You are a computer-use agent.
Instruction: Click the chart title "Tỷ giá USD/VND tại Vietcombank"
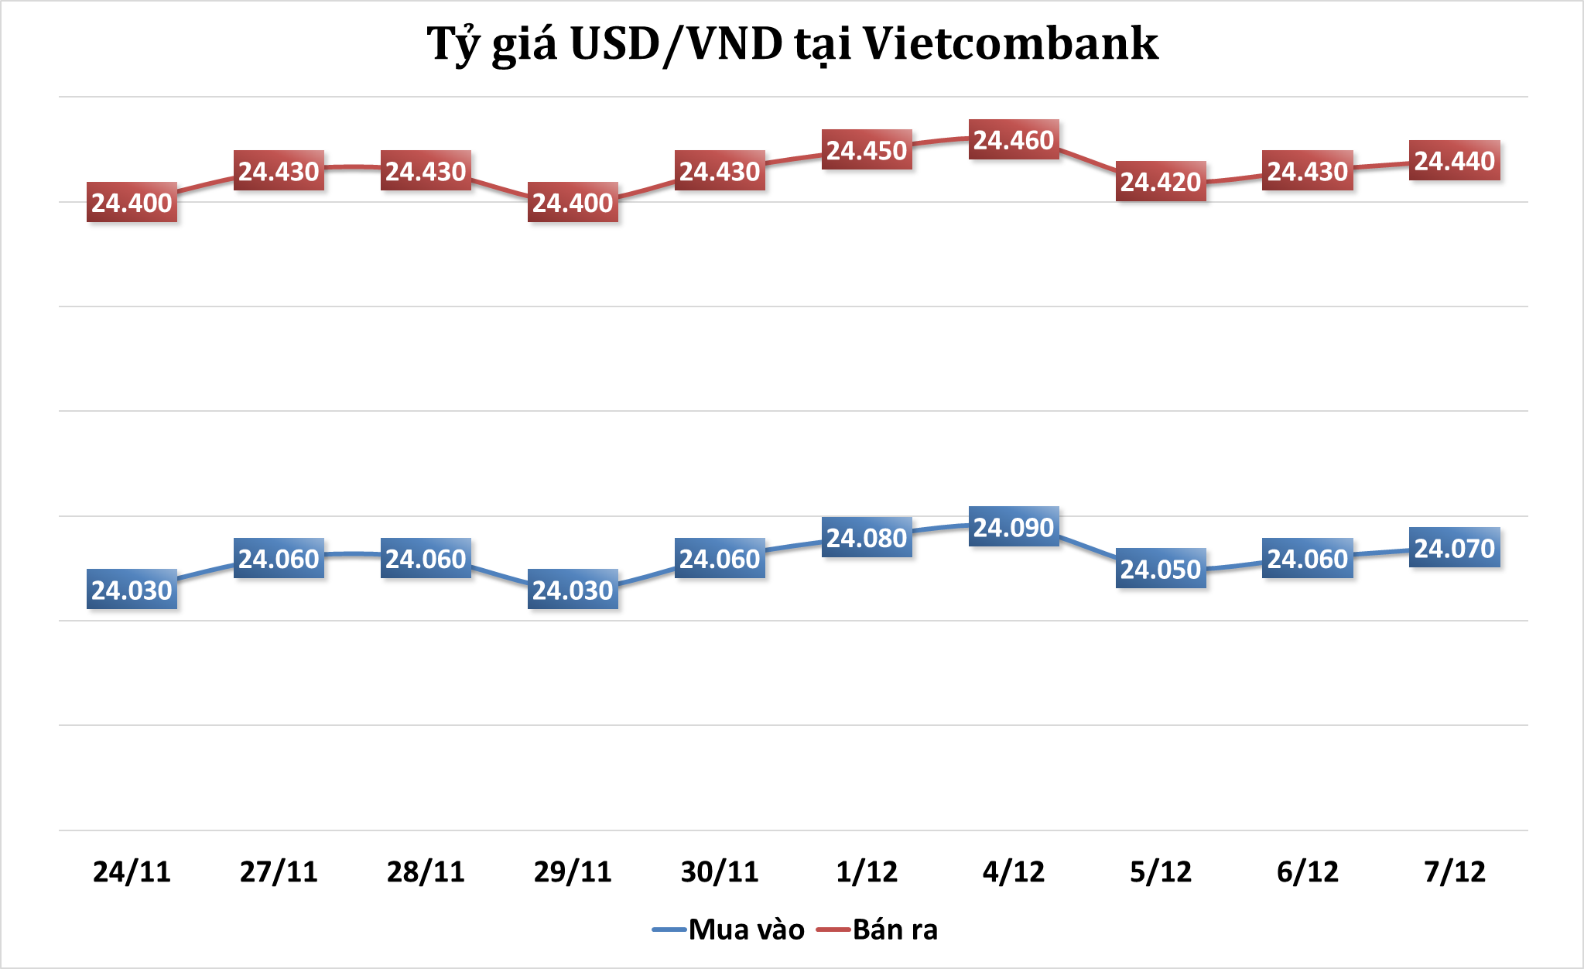point(792,44)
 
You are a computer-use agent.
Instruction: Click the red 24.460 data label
point(1014,140)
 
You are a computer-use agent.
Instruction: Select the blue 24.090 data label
point(1014,528)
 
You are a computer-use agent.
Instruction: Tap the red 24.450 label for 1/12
point(867,150)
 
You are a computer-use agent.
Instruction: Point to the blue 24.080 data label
point(867,538)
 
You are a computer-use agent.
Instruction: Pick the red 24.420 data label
point(1161,182)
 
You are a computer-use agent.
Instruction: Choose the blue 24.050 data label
point(1161,570)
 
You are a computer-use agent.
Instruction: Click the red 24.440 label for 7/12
point(1455,161)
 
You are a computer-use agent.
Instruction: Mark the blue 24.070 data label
point(1455,549)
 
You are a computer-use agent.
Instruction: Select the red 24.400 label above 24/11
point(132,203)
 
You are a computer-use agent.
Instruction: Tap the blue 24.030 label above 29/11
point(573,591)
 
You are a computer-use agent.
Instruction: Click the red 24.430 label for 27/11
point(279,171)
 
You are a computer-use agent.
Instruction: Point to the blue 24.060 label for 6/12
point(1308,559)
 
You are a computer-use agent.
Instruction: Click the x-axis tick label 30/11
point(720,872)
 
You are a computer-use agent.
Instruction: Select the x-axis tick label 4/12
point(1014,872)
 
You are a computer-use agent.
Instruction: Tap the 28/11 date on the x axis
point(426,872)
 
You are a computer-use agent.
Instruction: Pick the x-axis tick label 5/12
point(1161,872)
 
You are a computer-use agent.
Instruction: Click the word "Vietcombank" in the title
point(1011,44)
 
